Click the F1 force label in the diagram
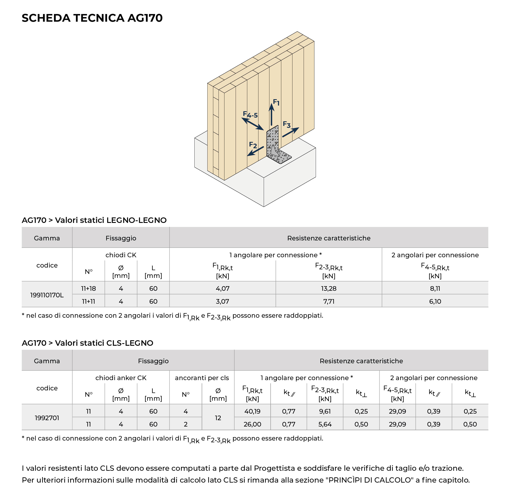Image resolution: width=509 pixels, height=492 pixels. (276, 102)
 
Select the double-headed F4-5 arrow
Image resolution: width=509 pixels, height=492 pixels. (253, 124)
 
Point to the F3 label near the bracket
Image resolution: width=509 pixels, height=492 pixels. (287, 124)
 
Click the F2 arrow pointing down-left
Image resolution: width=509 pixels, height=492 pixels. (255, 151)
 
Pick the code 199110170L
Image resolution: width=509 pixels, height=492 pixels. (47, 295)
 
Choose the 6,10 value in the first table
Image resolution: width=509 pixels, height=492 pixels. (435, 301)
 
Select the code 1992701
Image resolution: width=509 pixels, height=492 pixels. (47, 418)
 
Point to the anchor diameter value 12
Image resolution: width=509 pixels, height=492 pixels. (218, 418)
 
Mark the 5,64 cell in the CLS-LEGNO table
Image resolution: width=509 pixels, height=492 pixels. (325, 424)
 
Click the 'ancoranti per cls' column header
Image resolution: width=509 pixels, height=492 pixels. (202, 378)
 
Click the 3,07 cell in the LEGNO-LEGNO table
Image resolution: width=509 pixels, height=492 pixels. (222, 301)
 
